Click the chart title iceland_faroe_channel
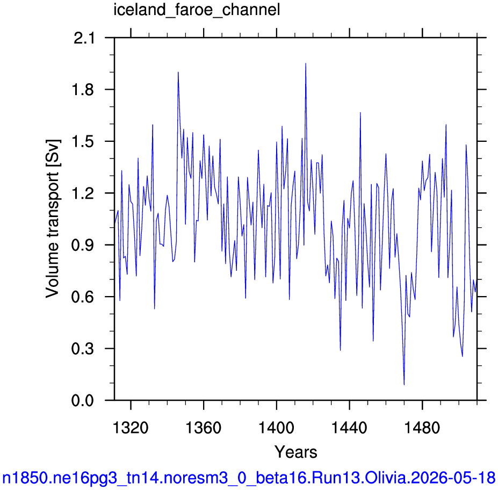197,10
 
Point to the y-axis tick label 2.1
84,39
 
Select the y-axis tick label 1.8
83,90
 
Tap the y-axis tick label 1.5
83,142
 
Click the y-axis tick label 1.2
83,193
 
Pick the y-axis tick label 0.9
83,245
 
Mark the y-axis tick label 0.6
83,297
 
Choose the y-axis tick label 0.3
83,349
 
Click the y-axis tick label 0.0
83,400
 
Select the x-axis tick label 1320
131,428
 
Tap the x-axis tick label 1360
203,428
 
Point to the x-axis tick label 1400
276,428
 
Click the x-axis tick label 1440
349,428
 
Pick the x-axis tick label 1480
422,428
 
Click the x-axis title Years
295,452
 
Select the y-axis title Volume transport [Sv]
53,219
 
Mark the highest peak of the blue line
306,63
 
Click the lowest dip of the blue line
404,385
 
